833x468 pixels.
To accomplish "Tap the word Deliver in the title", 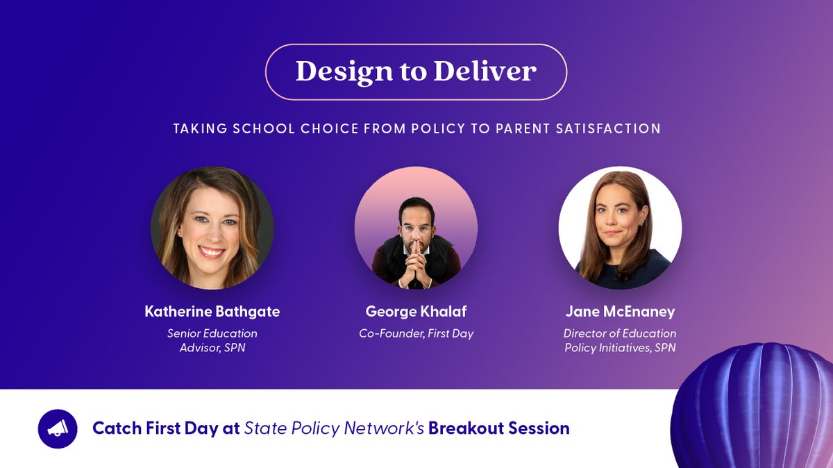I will coord(485,72).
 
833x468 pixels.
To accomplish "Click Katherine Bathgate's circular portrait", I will coord(212,228).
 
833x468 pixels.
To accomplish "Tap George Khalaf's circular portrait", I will coord(416,228).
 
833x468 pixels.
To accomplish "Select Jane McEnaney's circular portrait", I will coord(620,228).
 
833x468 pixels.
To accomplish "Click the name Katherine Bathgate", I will coord(212,312).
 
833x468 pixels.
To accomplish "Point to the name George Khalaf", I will coord(416,312).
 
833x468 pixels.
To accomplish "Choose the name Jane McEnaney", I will coord(620,312).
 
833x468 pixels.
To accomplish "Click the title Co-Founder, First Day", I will coord(416,334).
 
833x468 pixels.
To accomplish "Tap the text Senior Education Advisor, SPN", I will coord(212,340).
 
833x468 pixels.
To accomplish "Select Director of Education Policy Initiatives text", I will coord(620,340).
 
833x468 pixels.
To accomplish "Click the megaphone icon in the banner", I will coord(58,428).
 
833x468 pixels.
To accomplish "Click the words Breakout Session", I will coord(498,428).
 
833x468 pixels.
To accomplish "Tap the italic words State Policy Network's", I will coord(334,428).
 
